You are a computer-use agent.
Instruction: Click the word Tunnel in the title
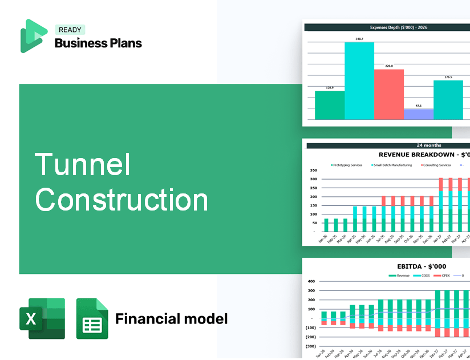click(x=83, y=164)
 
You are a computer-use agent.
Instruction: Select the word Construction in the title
click(x=121, y=200)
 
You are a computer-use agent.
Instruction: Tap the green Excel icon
click(x=42, y=318)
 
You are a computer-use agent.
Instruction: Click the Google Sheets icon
click(x=92, y=318)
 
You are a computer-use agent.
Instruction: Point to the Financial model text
click(x=171, y=318)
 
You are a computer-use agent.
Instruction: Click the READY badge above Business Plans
click(x=70, y=30)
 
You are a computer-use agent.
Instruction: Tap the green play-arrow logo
click(x=33, y=36)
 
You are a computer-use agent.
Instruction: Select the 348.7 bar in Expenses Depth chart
click(x=359, y=80)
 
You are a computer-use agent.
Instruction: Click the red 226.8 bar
click(x=389, y=94)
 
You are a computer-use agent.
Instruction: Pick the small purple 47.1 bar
click(x=418, y=114)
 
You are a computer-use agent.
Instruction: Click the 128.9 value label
click(x=330, y=88)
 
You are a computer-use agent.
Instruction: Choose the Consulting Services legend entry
click(x=436, y=165)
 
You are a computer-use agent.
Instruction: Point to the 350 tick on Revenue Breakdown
click(x=313, y=170)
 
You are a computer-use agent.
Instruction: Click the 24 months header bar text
click(x=429, y=145)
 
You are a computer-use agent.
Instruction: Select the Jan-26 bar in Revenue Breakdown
click(x=326, y=225)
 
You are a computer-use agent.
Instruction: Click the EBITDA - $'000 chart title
click(x=421, y=266)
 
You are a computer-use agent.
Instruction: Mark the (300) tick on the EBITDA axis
click(x=311, y=346)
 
